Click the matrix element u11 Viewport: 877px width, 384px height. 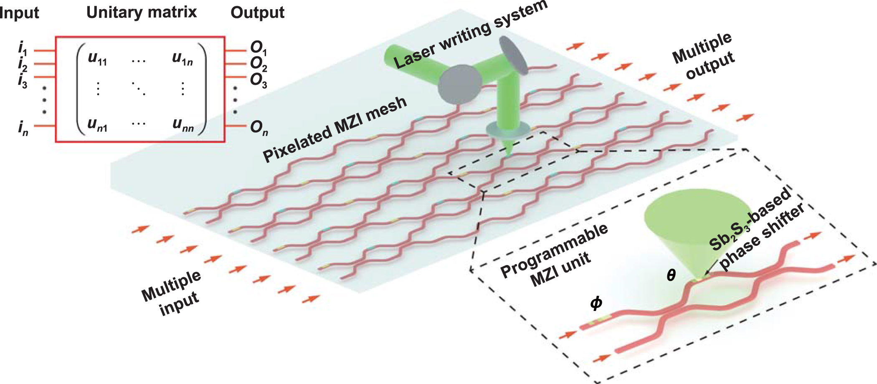coord(97,58)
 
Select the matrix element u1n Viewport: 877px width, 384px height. coord(182,58)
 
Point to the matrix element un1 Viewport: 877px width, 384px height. coord(97,124)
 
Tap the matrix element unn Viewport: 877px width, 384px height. coord(183,124)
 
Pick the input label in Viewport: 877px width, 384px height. coord(23,128)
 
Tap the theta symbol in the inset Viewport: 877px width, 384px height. coord(671,275)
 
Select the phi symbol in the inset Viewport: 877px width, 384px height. coord(596,303)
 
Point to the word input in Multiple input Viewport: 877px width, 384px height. coord(179,302)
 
